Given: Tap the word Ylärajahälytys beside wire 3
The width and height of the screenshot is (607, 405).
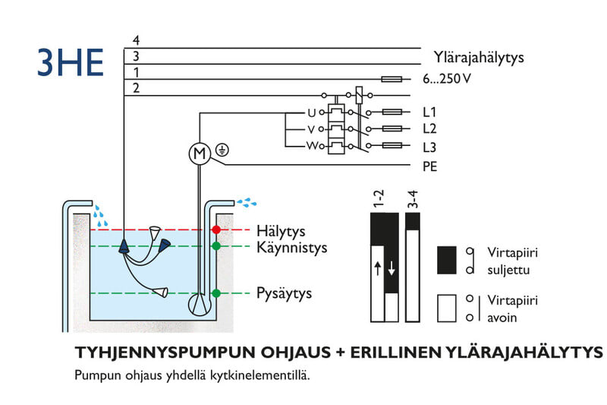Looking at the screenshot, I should click(x=478, y=57).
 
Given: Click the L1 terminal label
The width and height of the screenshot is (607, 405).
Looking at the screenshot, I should click(x=429, y=112).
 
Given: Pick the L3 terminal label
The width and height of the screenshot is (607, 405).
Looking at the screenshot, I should click(x=429, y=147).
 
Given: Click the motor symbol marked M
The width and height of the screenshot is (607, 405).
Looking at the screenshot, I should click(x=199, y=154).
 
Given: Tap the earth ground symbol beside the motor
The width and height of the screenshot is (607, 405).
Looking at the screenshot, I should click(x=222, y=149).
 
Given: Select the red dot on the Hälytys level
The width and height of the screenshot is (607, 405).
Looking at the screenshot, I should click(x=216, y=229).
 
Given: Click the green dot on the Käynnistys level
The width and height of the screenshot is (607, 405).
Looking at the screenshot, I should click(x=216, y=246).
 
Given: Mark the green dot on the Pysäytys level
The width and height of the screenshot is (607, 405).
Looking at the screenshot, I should click(x=216, y=293).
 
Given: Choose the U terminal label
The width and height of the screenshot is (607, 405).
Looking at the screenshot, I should click(x=310, y=112).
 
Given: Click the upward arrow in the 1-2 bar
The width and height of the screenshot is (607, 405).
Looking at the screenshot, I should click(x=377, y=268).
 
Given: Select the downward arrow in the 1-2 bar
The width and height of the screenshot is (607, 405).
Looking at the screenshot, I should click(x=392, y=268).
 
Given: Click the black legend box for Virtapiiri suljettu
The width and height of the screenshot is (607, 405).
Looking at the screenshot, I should click(x=446, y=260).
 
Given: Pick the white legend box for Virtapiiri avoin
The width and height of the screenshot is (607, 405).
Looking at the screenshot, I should click(x=446, y=308).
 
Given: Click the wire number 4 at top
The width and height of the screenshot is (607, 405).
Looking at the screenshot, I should click(x=136, y=40).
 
